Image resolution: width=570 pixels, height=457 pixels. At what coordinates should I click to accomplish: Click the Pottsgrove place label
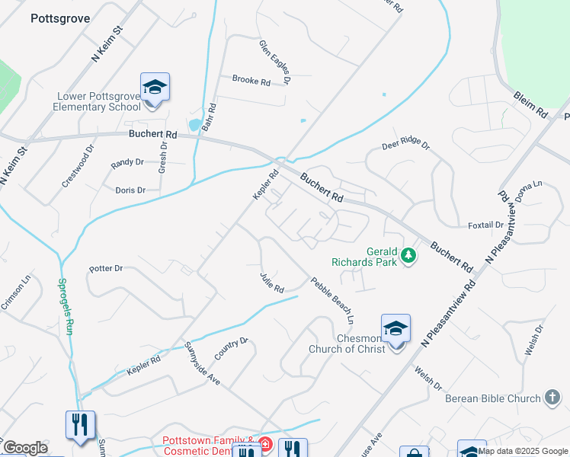(x=60, y=18)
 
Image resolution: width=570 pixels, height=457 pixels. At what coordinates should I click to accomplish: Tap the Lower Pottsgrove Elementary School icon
(x=155, y=88)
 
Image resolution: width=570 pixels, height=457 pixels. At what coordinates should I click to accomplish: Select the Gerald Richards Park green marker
(x=409, y=255)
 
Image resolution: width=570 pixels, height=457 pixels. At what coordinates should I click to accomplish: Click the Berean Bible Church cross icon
(x=554, y=397)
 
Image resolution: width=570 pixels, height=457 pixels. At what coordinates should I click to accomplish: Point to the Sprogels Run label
(x=66, y=305)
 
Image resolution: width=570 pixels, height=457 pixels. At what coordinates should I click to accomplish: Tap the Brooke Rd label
(x=251, y=81)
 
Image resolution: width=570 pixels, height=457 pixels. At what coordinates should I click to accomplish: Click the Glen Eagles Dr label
(x=275, y=62)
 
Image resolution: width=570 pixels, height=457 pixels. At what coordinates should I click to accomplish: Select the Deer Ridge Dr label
(x=406, y=145)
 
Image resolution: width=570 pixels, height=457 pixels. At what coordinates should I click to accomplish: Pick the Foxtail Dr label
(x=485, y=225)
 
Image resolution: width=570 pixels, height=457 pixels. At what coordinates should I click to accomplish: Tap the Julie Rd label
(x=271, y=283)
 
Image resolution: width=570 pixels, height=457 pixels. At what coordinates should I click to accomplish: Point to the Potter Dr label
(x=106, y=268)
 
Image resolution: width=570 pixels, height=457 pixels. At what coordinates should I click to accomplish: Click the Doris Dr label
(x=130, y=190)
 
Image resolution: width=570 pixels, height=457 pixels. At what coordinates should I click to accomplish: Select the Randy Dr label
(x=127, y=162)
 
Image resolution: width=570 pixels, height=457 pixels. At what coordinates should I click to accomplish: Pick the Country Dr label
(x=232, y=350)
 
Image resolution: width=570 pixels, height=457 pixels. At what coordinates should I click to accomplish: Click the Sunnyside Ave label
(x=202, y=363)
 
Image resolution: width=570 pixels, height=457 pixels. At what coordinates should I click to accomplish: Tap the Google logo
(x=25, y=448)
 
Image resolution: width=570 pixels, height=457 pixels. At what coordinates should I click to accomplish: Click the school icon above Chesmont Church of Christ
(x=395, y=328)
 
